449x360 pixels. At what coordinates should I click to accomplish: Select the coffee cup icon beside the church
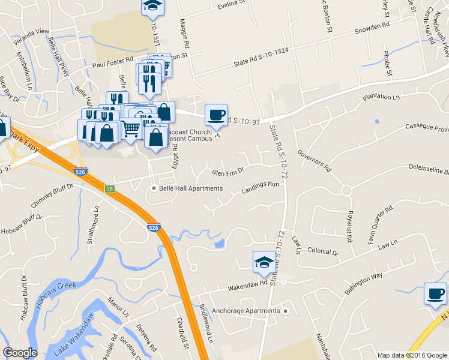pos(217,115)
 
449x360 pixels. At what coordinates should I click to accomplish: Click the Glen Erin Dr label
pos(228,172)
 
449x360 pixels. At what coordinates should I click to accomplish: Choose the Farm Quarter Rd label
pos(380,225)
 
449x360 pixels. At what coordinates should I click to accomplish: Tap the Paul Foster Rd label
pos(113,61)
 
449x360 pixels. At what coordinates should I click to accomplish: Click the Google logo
pos(20,353)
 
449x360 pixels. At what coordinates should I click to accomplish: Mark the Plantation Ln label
pos(380,98)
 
